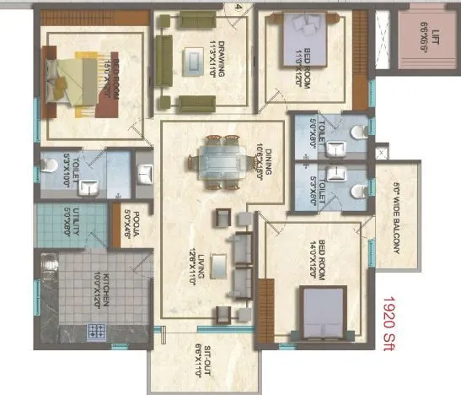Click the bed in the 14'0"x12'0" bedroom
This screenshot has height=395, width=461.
point(323,311)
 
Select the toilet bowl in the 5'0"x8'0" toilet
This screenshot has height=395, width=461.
point(358,133)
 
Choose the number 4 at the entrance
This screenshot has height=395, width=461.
point(239,7)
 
